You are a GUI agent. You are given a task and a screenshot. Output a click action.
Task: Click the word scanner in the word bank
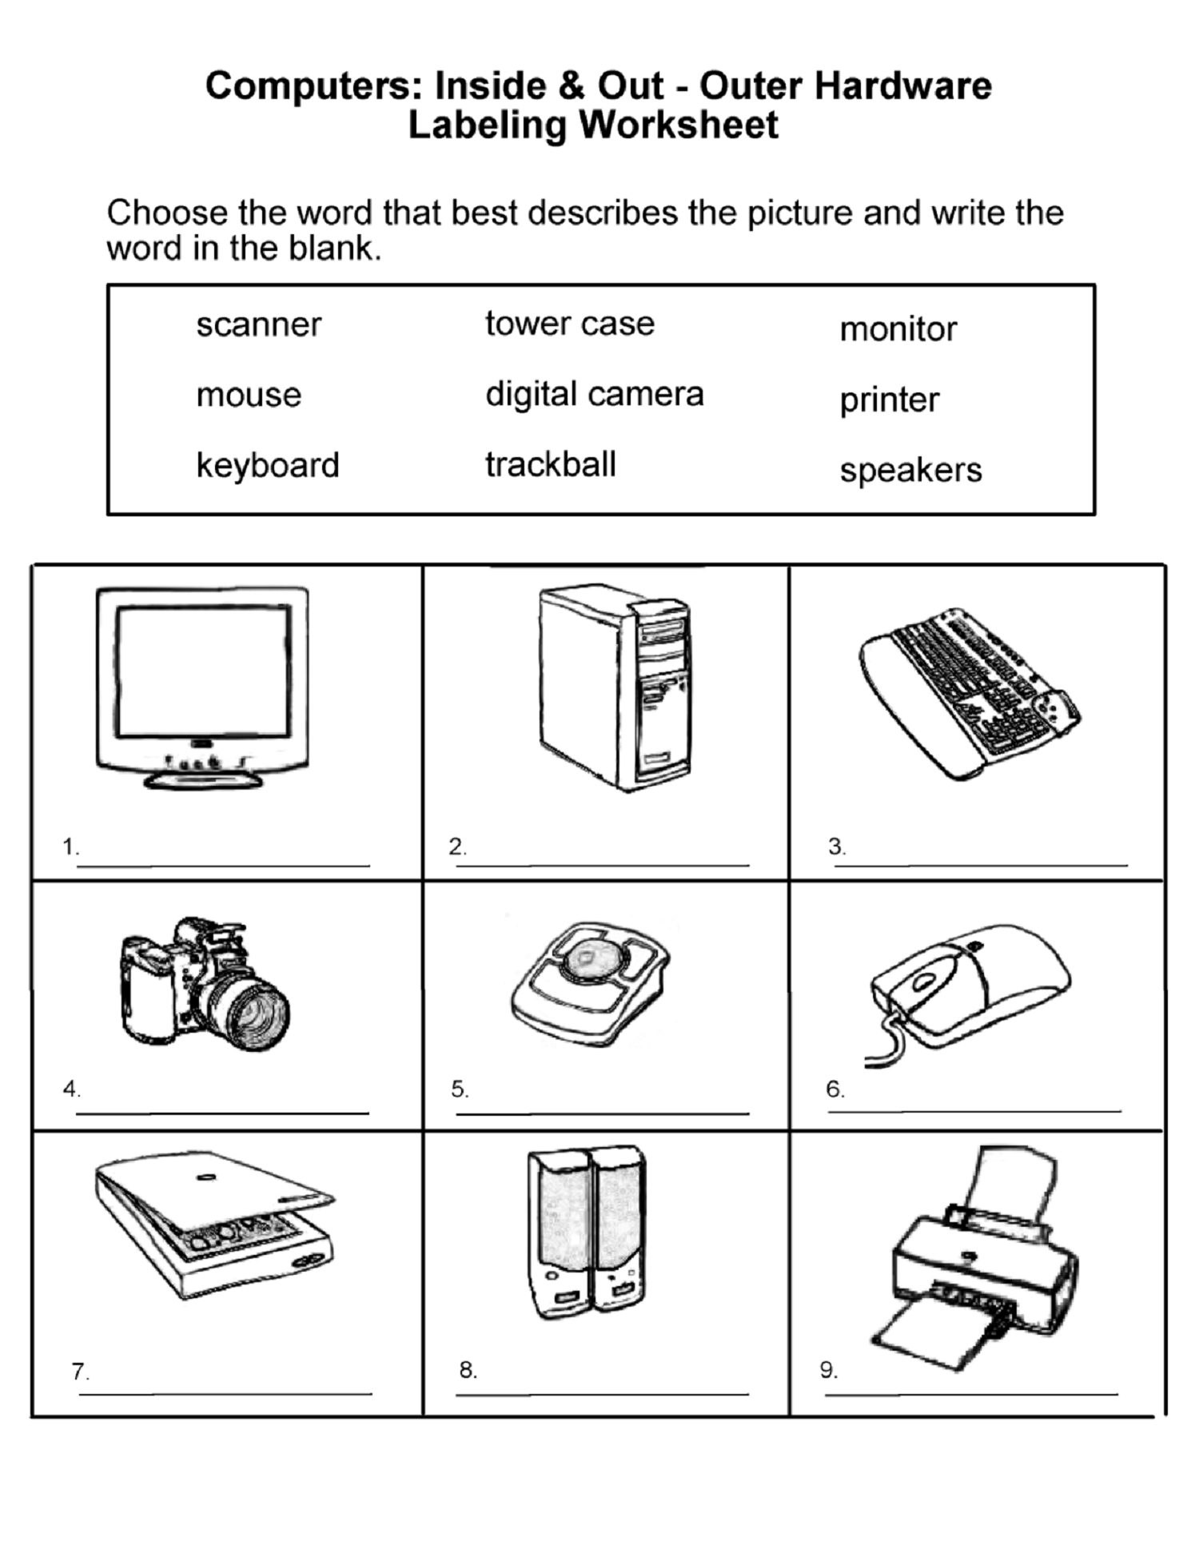pyautogui.click(x=259, y=325)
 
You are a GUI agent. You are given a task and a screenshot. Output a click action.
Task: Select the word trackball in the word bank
pyautogui.click(x=551, y=464)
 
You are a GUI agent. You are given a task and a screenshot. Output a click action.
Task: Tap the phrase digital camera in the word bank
pyautogui.click(x=595, y=395)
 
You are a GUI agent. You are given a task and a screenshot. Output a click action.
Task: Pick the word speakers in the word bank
pyautogui.click(x=910, y=471)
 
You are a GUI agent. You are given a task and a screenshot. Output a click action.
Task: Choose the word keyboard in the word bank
pyautogui.click(x=268, y=465)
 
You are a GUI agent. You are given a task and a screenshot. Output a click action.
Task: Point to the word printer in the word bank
pyautogui.click(x=890, y=400)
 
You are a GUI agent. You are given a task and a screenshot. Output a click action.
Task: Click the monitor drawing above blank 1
pyautogui.click(x=202, y=688)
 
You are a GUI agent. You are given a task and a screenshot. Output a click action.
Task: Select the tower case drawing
pyautogui.click(x=615, y=687)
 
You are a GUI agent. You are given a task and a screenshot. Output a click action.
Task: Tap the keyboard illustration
pyautogui.click(x=969, y=693)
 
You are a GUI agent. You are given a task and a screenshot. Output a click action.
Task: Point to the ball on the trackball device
pyautogui.click(x=589, y=956)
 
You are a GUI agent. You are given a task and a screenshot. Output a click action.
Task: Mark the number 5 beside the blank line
pyautogui.click(x=460, y=1089)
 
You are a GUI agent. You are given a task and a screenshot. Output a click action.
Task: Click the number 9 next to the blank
pyautogui.click(x=828, y=1370)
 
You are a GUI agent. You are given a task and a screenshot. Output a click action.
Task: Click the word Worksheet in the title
pyautogui.click(x=679, y=125)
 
